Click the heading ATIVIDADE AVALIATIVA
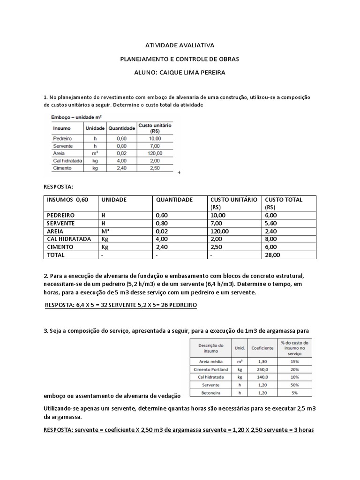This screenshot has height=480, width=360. point(180,45)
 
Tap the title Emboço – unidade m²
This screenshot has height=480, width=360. point(75,116)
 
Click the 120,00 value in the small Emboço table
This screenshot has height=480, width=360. point(155,153)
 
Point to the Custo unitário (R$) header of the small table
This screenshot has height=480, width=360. point(155,128)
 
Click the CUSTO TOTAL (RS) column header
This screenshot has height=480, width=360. point(284,203)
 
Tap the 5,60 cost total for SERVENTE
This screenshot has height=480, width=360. point(271,223)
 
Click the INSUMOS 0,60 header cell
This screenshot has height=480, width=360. point(67,200)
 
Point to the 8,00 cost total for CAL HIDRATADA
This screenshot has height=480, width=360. point(271,239)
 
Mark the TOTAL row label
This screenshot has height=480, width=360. point(55,255)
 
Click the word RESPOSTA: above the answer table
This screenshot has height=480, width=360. point(58,187)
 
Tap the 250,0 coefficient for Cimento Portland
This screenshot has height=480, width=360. point(262,369)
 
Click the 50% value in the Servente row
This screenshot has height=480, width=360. point(295,384)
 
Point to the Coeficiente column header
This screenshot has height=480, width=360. point(262,348)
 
